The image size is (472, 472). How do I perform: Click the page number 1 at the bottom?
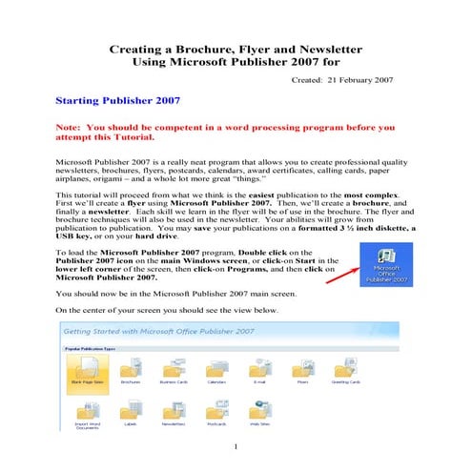pyautogui.click(x=235, y=444)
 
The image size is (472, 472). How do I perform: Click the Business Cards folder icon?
pyautogui.click(x=174, y=368)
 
